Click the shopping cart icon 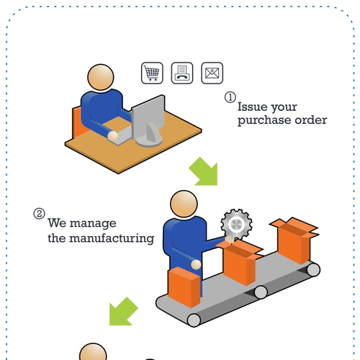pos(152,73)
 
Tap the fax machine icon pos(182,73)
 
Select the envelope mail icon pos(212,73)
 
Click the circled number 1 pos(230,97)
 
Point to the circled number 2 pos(39,214)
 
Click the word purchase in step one pos(264,120)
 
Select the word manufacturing pos(112,238)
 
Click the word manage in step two pos(93,224)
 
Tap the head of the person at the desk pos(101,77)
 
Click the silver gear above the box pos(236,225)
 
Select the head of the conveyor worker pos(184,204)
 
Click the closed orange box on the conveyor pos(184,287)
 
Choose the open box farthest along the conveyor pos(294,240)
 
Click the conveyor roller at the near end pos(194,320)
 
